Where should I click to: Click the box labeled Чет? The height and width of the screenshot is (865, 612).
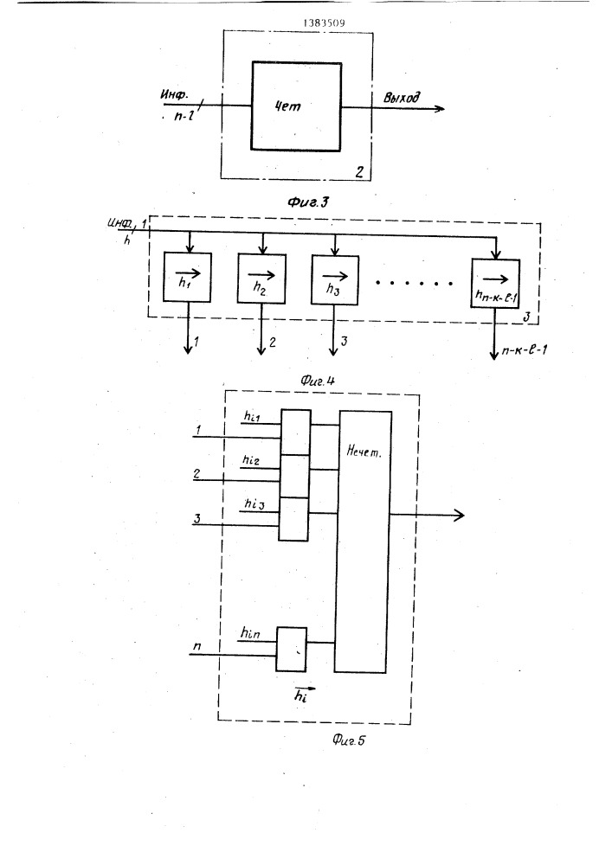click(x=295, y=105)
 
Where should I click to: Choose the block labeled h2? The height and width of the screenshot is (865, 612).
click(x=261, y=280)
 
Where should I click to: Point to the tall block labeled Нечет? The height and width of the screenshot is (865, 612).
click(x=364, y=541)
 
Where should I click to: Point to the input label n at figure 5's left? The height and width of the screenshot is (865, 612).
click(x=198, y=645)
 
